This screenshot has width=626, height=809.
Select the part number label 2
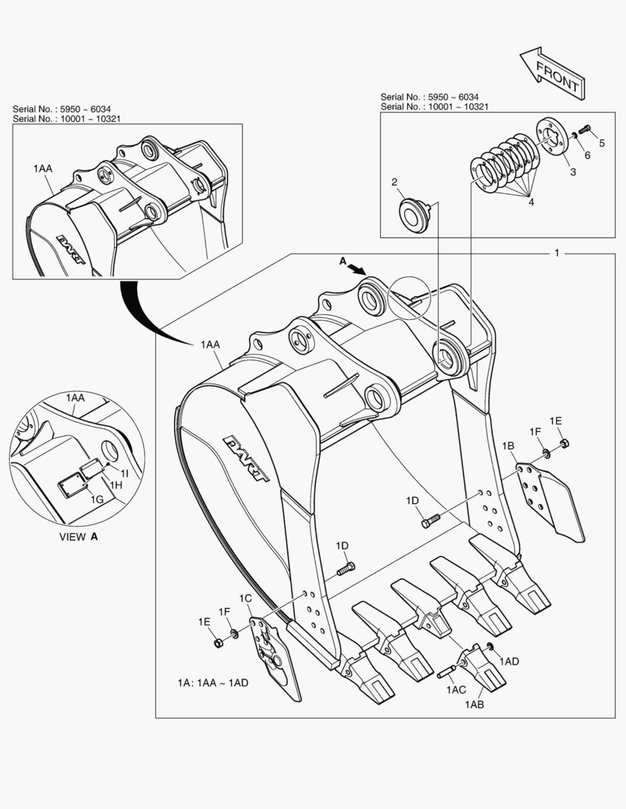point(394,182)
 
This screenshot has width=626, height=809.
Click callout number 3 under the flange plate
point(573,172)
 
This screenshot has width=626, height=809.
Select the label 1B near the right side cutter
point(508,446)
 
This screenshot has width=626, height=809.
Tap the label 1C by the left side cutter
point(245,598)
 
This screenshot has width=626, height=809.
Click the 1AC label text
point(456,690)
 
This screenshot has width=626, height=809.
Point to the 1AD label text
point(509,661)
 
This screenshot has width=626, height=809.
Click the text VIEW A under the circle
point(79,536)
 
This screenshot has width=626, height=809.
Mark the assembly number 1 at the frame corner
point(556,253)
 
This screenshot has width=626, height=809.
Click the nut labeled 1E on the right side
point(564,443)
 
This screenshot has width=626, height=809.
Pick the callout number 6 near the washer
point(587,155)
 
